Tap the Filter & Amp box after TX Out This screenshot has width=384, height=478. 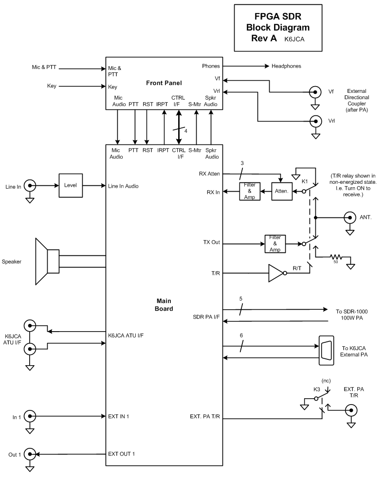click(275, 243)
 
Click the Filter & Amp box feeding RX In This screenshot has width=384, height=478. click(249, 192)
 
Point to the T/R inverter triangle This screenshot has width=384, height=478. click(275, 274)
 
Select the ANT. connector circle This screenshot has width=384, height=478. click(349, 217)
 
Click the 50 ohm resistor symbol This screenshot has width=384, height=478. click(335, 257)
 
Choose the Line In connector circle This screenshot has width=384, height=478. click(30, 185)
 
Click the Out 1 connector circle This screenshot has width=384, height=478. click(30, 454)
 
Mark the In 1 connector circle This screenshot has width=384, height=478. click(30, 416)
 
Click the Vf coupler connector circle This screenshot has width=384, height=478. click(316, 91)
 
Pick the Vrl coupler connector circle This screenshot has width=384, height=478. click(316, 121)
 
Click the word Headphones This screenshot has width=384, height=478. click(286, 66)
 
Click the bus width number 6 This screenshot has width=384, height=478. click(241, 336)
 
